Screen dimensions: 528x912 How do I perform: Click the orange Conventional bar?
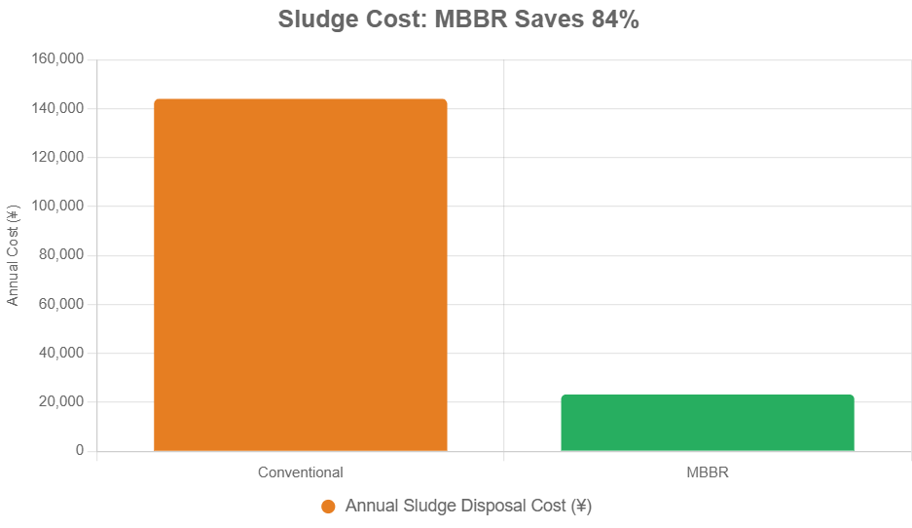point(300,275)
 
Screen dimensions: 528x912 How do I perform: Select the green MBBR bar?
point(708,423)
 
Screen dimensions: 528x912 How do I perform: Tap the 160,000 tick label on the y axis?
point(58,59)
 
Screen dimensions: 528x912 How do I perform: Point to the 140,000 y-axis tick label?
point(58,108)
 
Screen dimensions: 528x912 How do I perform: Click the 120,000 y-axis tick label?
point(58,157)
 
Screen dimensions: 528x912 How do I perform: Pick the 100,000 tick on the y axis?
point(58,207)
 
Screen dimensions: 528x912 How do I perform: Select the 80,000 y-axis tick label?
point(62,255)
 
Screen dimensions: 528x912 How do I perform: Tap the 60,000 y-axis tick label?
point(62,304)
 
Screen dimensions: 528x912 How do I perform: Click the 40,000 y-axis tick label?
point(62,353)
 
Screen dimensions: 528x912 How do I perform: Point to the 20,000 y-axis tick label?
point(62,401)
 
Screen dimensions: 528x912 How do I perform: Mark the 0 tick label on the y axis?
point(80,451)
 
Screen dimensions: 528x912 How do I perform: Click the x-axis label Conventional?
point(300,472)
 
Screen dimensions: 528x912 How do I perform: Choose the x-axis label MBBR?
point(708,472)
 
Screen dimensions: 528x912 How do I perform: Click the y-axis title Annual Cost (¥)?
point(13,255)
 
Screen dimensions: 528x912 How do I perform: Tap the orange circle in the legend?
point(328,507)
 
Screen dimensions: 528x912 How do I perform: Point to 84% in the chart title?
point(614,19)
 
